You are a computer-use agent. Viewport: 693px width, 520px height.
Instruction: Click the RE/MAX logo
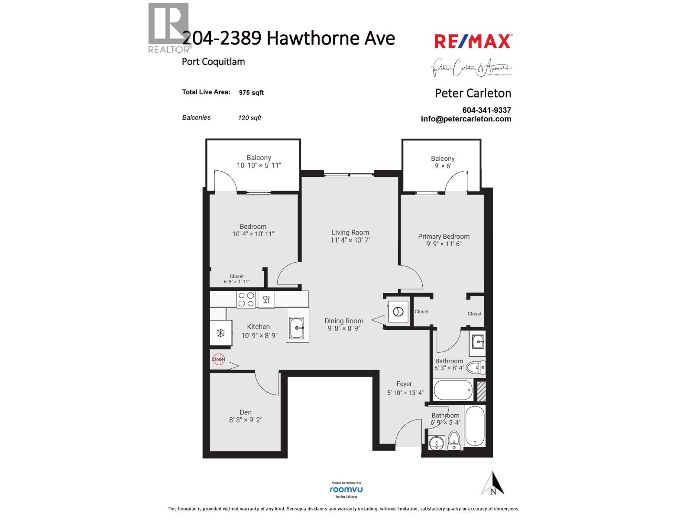(x=473, y=42)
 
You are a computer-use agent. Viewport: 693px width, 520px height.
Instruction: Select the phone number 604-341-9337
(x=486, y=110)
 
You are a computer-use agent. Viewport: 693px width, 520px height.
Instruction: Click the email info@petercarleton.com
(x=466, y=119)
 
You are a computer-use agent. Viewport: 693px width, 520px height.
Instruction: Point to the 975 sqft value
(x=251, y=92)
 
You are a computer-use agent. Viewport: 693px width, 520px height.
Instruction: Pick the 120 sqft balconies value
(x=249, y=118)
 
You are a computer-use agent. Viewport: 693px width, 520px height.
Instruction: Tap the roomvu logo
(x=346, y=489)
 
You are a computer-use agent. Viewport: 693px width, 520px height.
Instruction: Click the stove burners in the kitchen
(x=246, y=299)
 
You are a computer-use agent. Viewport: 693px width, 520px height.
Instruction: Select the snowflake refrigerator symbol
(x=220, y=333)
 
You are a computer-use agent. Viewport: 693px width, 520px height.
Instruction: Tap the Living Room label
(x=350, y=232)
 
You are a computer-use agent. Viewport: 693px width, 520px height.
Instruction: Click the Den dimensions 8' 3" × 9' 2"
(x=246, y=419)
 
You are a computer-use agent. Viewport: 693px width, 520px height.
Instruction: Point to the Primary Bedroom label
(x=444, y=236)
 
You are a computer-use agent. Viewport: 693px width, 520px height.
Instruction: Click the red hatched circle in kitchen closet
(x=219, y=359)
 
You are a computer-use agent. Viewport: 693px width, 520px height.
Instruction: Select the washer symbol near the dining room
(x=398, y=312)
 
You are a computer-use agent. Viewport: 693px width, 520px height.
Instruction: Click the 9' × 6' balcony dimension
(x=443, y=166)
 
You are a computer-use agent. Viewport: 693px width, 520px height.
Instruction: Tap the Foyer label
(x=404, y=384)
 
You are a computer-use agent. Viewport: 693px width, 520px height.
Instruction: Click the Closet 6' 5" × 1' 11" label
(x=237, y=279)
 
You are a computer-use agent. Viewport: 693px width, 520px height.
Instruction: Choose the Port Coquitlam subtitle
(x=213, y=62)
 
